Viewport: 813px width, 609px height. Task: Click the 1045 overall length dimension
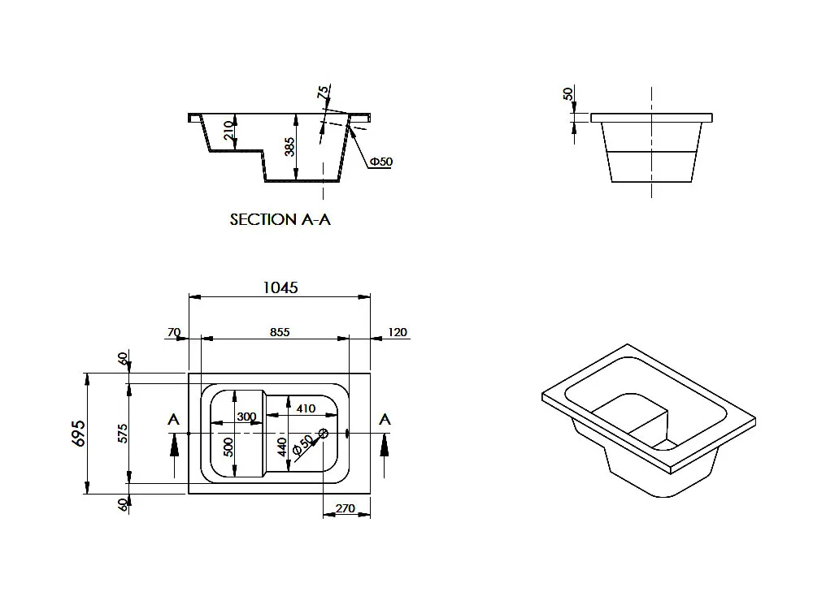click(280, 287)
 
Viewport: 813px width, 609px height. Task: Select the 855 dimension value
click(280, 332)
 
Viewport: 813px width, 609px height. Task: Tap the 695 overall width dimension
click(79, 433)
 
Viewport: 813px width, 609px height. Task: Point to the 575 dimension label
click(123, 433)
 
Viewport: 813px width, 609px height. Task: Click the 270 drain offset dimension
click(346, 508)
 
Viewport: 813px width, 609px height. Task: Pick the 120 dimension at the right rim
click(398, 332)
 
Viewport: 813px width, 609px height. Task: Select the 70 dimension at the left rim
click(174, 332)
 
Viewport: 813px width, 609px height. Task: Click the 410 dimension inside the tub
click(306, 408)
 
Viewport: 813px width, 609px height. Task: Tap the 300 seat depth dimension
click(247, 417)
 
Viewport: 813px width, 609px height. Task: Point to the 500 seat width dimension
click(228, 447)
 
